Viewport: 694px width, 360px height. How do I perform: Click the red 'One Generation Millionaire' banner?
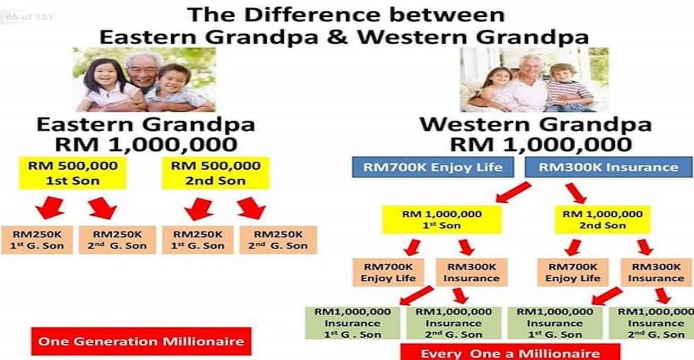tap(142, 341)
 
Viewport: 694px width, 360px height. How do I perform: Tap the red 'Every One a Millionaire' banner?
tap(510, 352)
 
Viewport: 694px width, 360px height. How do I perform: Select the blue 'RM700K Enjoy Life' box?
tap(433, 168)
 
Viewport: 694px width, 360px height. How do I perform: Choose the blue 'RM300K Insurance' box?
tap(608, 168)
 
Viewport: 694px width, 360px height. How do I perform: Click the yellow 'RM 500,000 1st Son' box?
tap(73, 173)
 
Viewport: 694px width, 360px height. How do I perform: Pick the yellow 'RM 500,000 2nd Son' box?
tap(216, 173)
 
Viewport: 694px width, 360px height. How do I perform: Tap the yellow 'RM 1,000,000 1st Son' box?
tap(442, 220)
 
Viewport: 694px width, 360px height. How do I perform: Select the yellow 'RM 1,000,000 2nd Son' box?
tap(602, 220)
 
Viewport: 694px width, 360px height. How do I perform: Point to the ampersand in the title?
tap(337, 37)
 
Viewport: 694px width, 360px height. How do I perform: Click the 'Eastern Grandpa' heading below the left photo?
tap(146, 125)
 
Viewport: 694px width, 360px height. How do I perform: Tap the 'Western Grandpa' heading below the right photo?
tap(536, 125)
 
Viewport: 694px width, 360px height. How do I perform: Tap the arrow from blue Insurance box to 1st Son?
tap(513, 192)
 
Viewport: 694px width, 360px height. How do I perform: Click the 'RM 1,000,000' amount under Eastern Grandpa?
tap(146, 145)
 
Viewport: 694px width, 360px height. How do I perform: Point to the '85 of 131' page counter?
tap(29, 17)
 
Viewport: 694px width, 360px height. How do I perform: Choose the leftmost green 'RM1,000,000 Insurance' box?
tap(352, 323)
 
